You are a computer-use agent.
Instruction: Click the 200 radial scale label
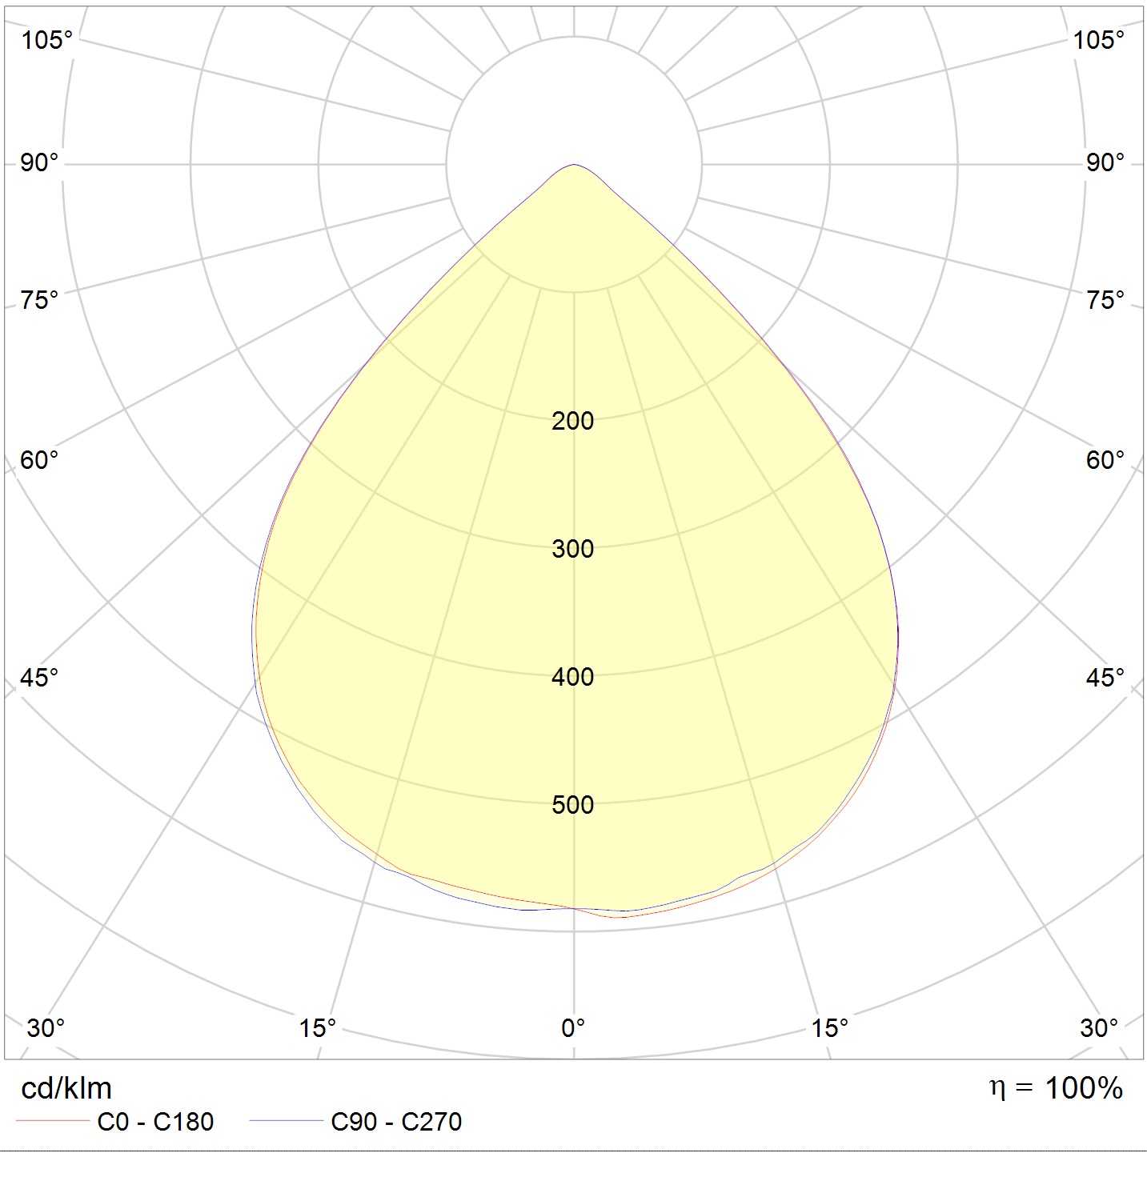(x=572, y=421)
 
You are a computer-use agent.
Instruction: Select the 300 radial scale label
(x=572, y=549)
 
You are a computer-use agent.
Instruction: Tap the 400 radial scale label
(x=572, y=677)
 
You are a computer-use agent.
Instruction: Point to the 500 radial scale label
(x=572, y=805)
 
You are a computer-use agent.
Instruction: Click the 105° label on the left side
(x=47, y=40)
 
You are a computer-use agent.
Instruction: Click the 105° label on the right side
(x=1099, y=40)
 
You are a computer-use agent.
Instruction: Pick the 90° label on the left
(x=40, y=163)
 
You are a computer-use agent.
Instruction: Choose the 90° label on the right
(x=1105, y=163)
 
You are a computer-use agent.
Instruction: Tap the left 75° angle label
(x=40, y=301)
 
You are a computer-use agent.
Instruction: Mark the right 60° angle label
(x=1105, y=460)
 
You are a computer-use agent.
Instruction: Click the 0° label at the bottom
(x=573, y=1028)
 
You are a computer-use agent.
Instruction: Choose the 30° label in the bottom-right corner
(x=1099, y=1028)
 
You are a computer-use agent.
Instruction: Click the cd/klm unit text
(x=66, y=1089)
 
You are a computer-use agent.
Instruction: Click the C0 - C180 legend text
(x=155, y=1123)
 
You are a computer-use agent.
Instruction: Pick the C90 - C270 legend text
(x=396, y=1123)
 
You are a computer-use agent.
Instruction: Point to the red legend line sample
(x=53, y=1121)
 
